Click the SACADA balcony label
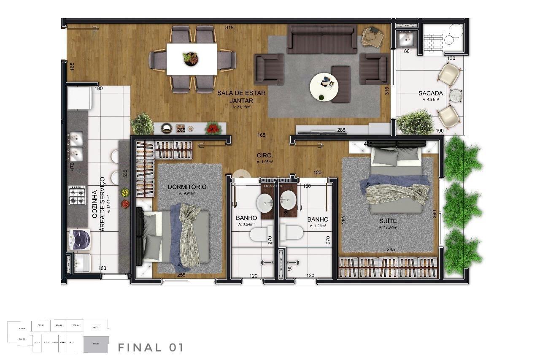click(430, 93)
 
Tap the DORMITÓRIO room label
click(186, 187)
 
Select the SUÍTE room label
click(387, 221)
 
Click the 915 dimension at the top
click(229, 28)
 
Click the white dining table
click(192, 59)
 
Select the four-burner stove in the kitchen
click(77, 195)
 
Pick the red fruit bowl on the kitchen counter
click(125, 204)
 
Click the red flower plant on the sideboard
click(213, 127)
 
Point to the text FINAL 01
click(150, 348)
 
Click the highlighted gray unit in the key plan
click(96, 344)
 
